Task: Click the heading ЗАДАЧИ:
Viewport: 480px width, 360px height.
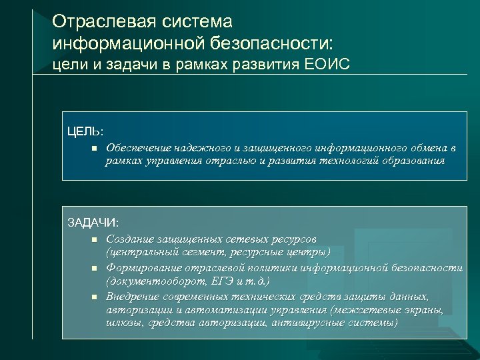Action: click(x=93, y=222)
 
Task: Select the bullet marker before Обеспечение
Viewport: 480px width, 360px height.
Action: click(x=95, y=147)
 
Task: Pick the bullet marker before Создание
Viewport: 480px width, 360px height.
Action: click(x=95, y=239)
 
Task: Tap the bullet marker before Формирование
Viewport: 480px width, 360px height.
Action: click(x=95, y=268)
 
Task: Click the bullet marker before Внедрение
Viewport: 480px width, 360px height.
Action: click(x=95, y=297)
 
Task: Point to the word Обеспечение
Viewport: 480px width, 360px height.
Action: click(x=137, y=147)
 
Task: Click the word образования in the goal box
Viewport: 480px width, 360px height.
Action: click(x=414, y=161)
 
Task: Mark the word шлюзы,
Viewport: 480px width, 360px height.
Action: click(x=122, y=323)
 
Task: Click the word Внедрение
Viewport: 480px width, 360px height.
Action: click(x=133, y=296)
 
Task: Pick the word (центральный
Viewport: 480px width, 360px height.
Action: click(x=138, y=253)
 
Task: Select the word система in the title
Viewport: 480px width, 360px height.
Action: click(x=196, y=22)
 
